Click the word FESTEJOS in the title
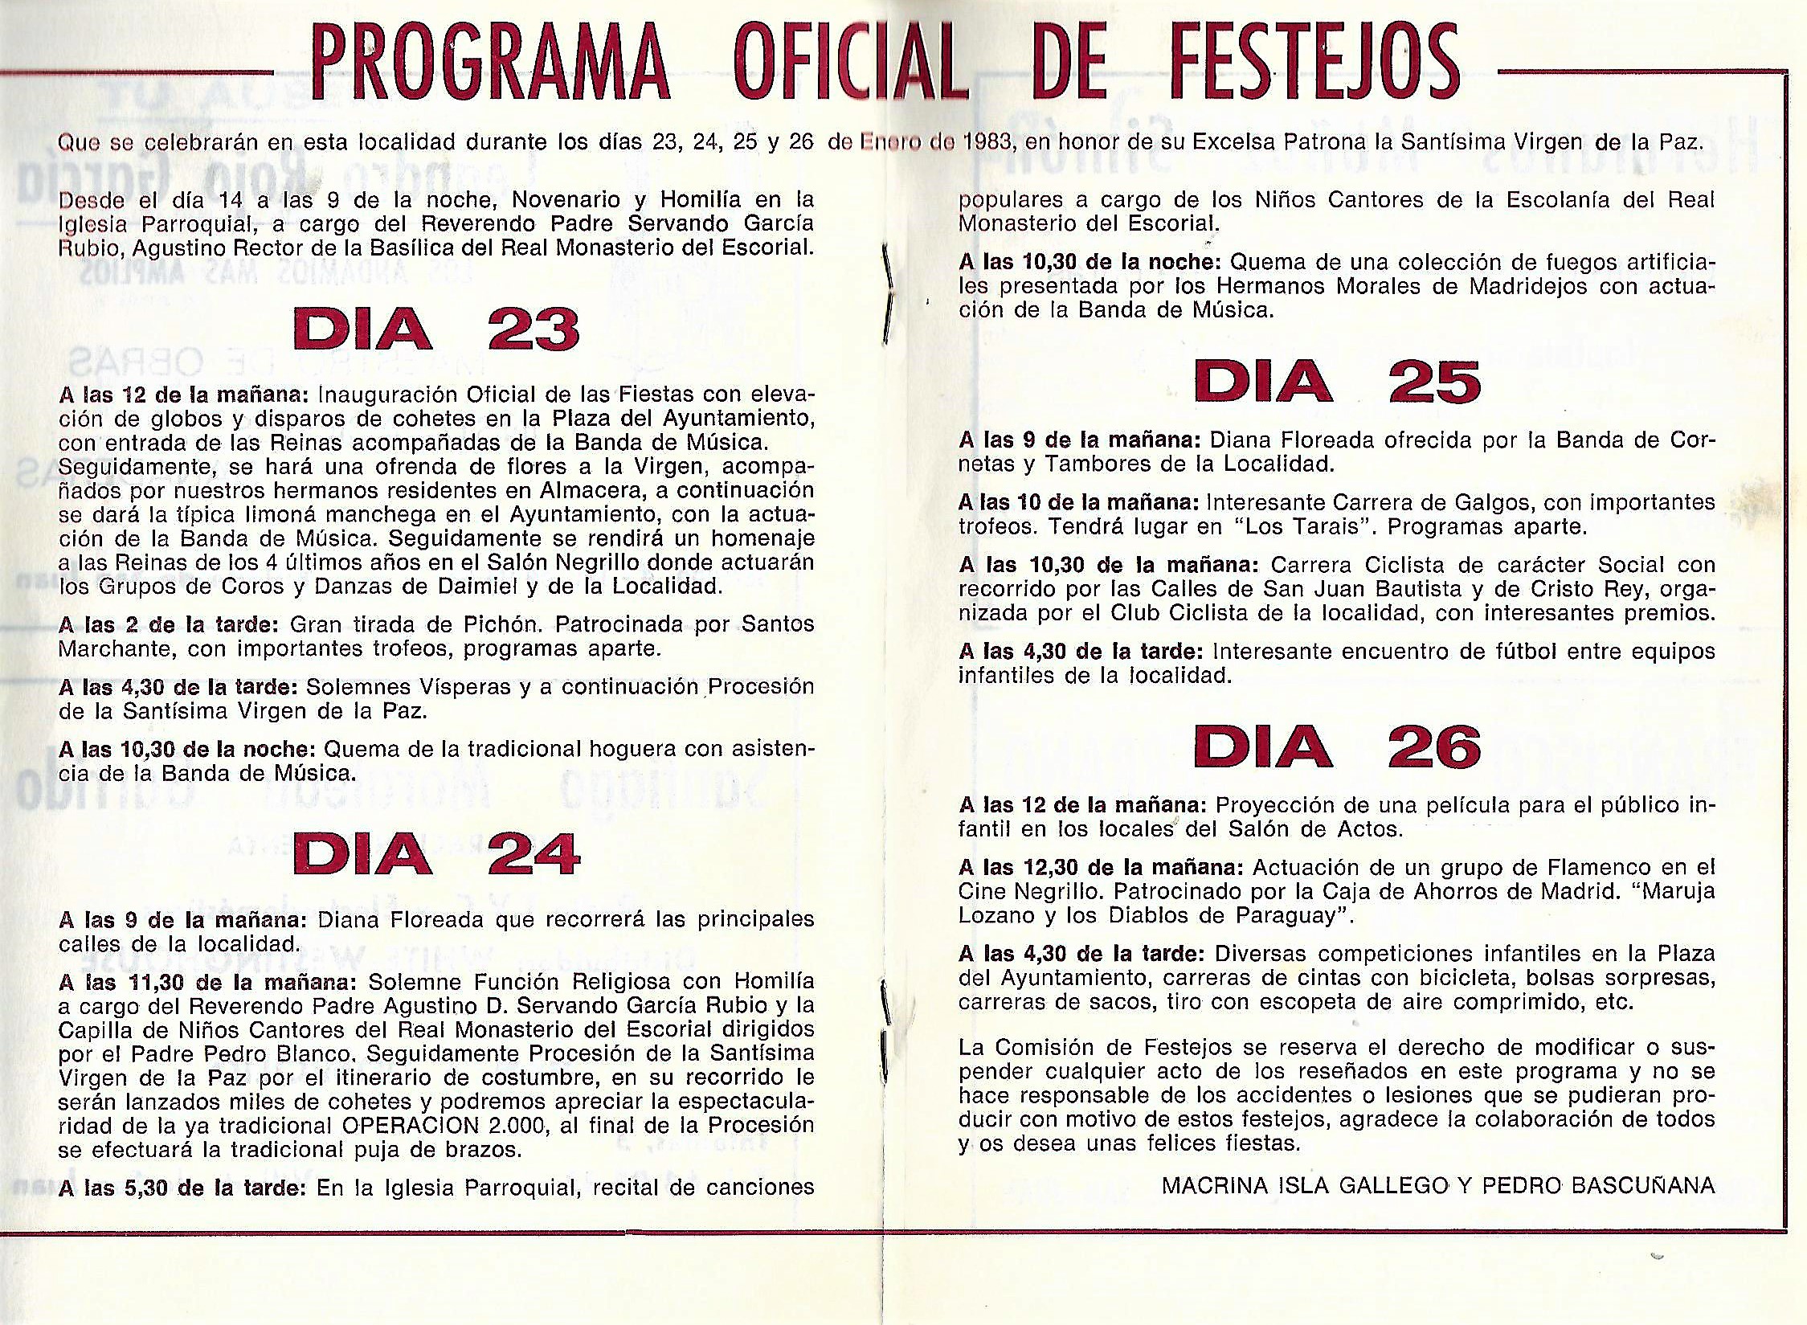click(x=1246, y=63)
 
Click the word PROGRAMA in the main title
click(x=490, y=63)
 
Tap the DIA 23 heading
click(x=436, y=329)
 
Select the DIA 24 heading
click(x=436, y=853)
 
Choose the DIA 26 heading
click(x=1337, y=746)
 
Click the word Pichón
click(x=503, y=624)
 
